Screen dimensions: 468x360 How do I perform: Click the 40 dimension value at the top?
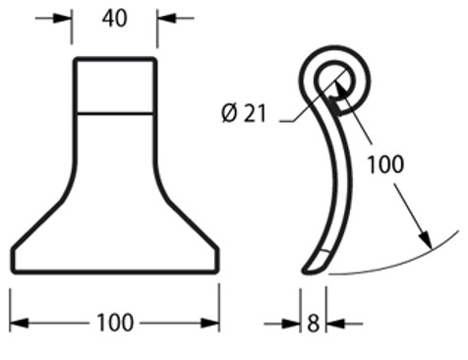coord(114,19)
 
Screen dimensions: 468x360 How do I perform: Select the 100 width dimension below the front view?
coord(115,323)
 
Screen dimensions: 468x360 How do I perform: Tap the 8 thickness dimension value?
coord(313,324)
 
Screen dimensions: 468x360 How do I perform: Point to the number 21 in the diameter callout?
coord(256,113)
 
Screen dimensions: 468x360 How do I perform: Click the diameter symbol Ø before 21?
coord(229,113)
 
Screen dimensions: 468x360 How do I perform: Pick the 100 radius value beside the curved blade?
coord(385,164)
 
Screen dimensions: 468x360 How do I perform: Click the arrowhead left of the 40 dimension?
coord(63,19)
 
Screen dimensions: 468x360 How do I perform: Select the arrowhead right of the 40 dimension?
coord(167,19)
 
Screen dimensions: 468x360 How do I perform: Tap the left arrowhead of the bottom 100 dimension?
coord(20,323)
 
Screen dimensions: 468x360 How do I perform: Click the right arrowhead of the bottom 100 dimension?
coord(210,323)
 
